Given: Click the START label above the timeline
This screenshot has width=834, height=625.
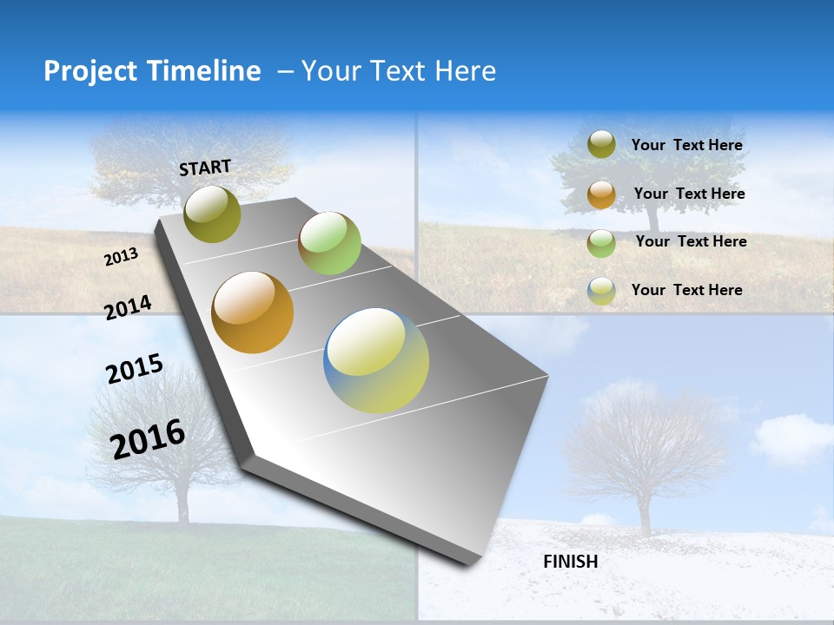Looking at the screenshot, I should [205, 168].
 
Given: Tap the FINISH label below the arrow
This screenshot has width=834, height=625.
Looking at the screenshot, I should [570, 562].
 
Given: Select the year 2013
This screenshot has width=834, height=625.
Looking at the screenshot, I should [122, 257].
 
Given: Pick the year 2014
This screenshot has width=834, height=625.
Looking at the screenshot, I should [129, 307].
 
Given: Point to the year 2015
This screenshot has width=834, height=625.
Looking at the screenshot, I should [135, 369].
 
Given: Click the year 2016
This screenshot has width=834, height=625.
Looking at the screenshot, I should [148, 438].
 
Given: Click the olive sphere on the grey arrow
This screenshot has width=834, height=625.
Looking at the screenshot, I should [213, 214].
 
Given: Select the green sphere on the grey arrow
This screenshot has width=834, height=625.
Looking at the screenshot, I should [329, 243].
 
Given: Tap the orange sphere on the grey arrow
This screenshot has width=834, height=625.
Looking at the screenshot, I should [253, 312].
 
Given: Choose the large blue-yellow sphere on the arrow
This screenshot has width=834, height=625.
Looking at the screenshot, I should [376, 360].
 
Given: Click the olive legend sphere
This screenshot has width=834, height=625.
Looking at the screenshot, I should [601, 145].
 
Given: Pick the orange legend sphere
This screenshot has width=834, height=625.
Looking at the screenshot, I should [601, 194].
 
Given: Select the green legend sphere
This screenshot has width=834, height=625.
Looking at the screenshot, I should [601, 242].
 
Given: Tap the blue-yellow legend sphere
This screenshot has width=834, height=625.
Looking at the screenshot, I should [601, 291].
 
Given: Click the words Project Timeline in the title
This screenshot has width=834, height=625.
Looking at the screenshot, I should [152, 71].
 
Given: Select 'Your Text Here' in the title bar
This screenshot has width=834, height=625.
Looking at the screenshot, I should [399, 71].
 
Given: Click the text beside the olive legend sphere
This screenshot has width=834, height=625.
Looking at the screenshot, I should [686, 145].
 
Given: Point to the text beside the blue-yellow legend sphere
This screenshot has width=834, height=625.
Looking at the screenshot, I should [686, 290].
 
